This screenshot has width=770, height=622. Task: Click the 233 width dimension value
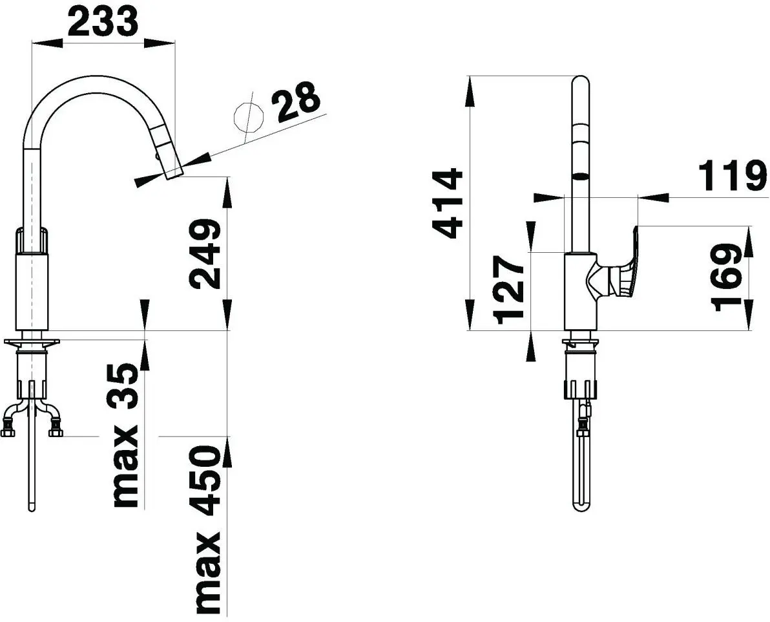(103, 21)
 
